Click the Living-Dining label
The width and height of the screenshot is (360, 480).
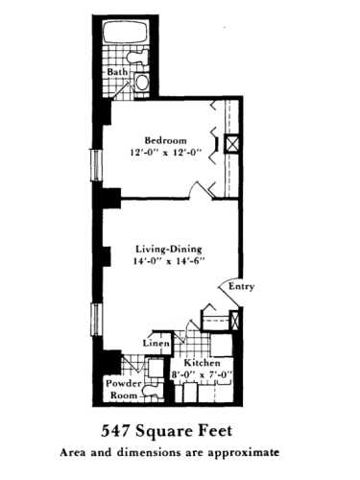169,250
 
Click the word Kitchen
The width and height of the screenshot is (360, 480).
203,363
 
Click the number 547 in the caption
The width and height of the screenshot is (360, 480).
119,429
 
